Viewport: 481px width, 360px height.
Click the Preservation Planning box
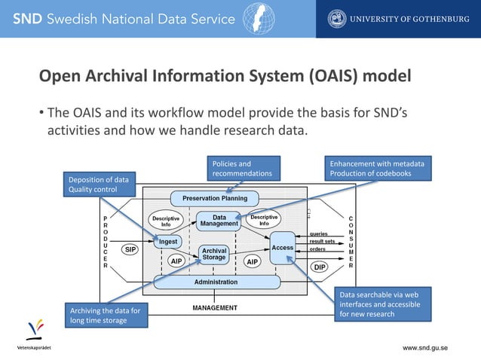click(x=215, y=200)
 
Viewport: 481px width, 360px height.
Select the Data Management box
click(x=219, y=221)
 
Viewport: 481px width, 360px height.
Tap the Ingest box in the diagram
click(x=167, y=241)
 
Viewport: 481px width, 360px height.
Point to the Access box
click(x=283, y=249)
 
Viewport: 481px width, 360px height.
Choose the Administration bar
click(x=216, y=282)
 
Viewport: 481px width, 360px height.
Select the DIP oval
click(x=319, y=267)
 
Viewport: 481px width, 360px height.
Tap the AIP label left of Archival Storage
click(x=176, y=261)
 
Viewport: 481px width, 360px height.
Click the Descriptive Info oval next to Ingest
click(x=166, y=221)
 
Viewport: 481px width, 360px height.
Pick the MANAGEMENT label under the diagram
click(x=215, y=307)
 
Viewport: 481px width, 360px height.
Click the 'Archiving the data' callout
click(x=99, y=315)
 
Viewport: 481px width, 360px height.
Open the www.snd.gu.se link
click(x=425, y=348)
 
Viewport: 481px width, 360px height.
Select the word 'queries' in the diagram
click(x=319, y=233)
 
